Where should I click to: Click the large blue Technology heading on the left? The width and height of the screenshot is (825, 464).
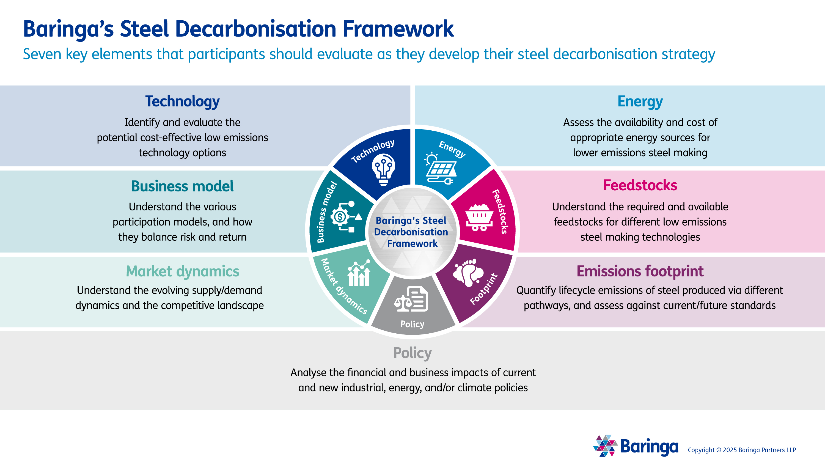182,101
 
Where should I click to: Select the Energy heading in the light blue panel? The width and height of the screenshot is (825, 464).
640,101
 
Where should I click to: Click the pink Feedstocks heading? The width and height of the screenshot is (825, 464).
640,185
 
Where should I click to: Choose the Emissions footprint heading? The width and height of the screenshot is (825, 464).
640,271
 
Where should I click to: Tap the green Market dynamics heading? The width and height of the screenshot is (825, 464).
182,271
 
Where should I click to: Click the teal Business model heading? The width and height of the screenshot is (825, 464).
182,186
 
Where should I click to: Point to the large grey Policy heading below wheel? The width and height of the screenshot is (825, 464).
412,353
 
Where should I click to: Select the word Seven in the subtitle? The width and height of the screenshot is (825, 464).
42,54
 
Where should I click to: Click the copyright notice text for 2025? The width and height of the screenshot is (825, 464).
742,450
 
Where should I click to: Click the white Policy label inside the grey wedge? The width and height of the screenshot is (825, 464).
412,324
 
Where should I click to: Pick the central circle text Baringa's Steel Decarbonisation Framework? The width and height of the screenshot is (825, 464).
412,232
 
